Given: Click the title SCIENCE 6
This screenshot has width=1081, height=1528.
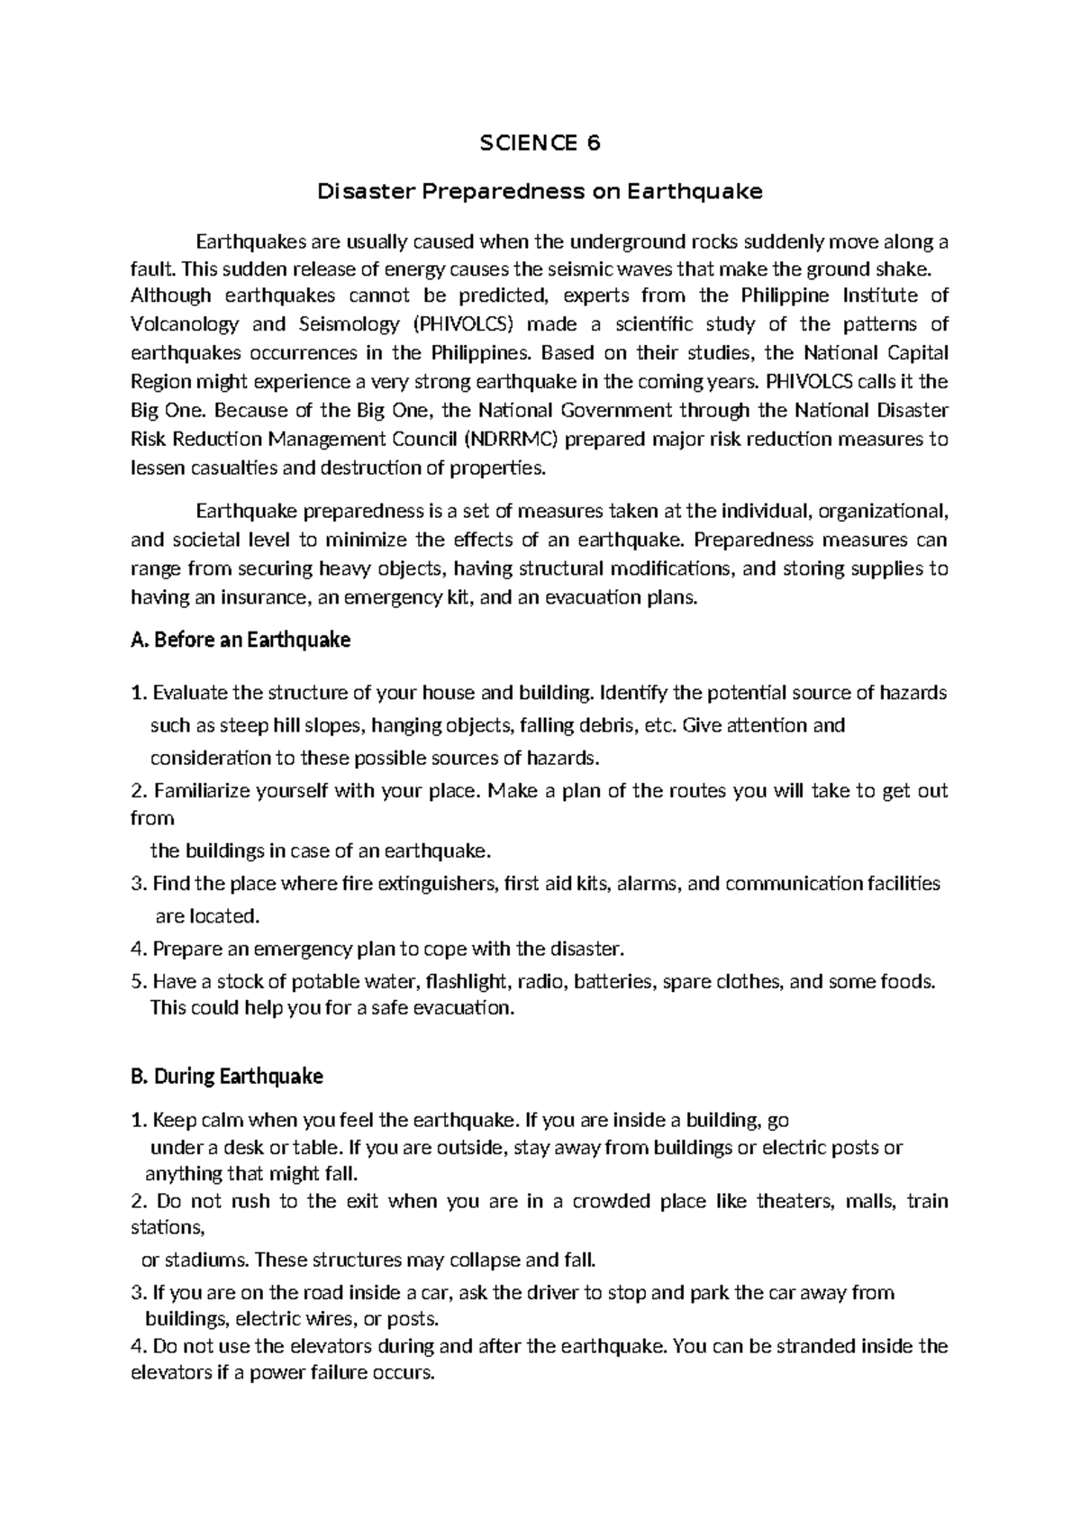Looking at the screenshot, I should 540,143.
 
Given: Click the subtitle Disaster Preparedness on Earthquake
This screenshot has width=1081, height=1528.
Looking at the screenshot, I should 540,191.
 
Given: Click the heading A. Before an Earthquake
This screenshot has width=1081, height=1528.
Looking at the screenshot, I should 241,640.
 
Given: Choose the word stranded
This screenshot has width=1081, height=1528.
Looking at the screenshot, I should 815,1347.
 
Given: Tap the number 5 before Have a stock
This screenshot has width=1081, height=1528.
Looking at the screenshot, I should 136,981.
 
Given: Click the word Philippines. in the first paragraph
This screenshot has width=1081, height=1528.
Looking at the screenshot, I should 472,351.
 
